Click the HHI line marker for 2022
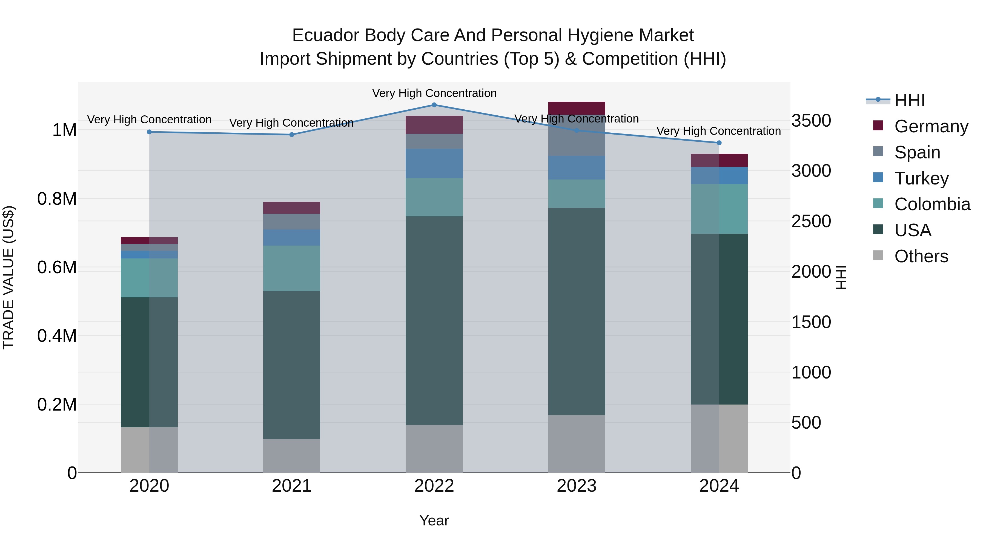coord(434,105)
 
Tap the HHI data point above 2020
coord(149,132)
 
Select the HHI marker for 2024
coord(719,143)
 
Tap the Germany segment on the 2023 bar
coord(577,108)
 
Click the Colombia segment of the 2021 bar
coord(292,268)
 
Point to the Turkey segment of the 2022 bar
coord(434,164)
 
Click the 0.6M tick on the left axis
coord(57,267)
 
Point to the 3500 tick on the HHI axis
coord(811,121)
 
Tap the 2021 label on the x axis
coord(292,486)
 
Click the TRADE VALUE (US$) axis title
coord(8,277)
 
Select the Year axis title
coord(434,520)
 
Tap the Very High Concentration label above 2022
coord(434,93)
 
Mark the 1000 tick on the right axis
coord(811,372)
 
